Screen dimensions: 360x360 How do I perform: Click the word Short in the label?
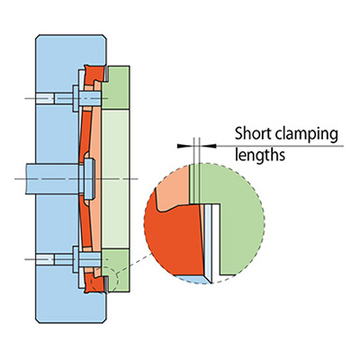point(253,133)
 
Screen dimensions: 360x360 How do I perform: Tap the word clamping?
point(307,135)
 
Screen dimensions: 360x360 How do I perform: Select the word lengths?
point(260,155)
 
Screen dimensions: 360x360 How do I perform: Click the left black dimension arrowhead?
point(184,146)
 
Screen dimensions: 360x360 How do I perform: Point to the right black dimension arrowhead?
point(208,146)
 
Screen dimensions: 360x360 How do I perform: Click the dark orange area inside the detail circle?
point(174,237)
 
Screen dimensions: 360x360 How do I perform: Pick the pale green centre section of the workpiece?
point(115,179)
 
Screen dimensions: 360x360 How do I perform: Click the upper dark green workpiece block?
point(115,87)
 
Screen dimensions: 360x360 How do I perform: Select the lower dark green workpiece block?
point(115,270)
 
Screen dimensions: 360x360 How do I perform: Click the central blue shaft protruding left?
point(52,179)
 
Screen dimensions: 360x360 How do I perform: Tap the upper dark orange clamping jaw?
point(94,75)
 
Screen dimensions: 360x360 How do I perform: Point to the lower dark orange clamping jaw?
point(94,283)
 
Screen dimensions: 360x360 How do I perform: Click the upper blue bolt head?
point(76,98)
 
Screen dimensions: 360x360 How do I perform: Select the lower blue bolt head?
point(76,259)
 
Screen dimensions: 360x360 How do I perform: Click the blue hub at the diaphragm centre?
point(89,179)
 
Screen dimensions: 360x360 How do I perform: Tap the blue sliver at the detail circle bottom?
point(193,279)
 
